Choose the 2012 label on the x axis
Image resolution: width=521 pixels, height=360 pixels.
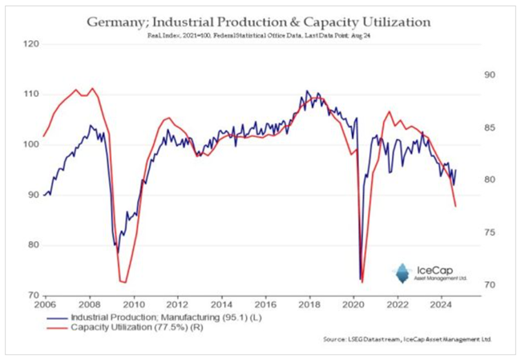179,305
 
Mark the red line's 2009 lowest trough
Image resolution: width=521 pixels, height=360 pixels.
123,282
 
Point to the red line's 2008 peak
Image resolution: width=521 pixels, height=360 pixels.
92,88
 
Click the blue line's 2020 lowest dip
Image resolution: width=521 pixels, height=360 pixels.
360,279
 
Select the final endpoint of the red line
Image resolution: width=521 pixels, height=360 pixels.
455,206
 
